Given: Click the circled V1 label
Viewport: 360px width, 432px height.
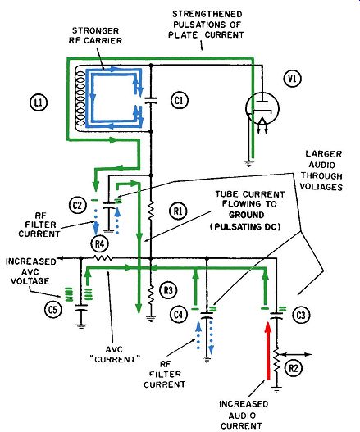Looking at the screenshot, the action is point(293,79).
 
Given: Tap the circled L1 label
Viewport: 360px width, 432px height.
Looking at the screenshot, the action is point(39,102).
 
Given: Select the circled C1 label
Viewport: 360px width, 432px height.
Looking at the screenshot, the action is point(180,100).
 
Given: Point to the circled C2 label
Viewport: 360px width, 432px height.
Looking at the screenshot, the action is point(77,206).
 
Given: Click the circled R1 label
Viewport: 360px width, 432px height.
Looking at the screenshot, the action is point(178,211).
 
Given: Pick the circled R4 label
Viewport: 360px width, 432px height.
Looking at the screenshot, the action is point(99,243).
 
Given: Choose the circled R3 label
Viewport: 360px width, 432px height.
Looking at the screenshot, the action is point(168,290).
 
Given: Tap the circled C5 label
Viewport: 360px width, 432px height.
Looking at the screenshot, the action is point(53,309).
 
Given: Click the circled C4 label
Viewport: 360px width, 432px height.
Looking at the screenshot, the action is point(179,314).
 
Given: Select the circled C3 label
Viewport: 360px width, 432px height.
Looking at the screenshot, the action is point(300,315).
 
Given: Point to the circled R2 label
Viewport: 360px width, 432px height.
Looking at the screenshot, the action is point(294,368).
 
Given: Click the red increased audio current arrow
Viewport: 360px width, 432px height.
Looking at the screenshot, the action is point(267,351).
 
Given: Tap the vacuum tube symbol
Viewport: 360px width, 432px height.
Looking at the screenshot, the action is point(262,108).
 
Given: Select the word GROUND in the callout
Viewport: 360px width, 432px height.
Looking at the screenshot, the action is point(247,215).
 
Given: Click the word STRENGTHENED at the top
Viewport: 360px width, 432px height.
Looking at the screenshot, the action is point(207,14).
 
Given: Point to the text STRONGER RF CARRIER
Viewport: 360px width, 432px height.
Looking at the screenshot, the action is point(95,35).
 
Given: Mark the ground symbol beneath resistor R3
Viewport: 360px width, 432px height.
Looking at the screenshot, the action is point(151,319).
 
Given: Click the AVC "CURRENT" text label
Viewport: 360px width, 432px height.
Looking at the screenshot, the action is point(114,355).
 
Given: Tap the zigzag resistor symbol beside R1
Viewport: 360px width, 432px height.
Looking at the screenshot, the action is point(151,211).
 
